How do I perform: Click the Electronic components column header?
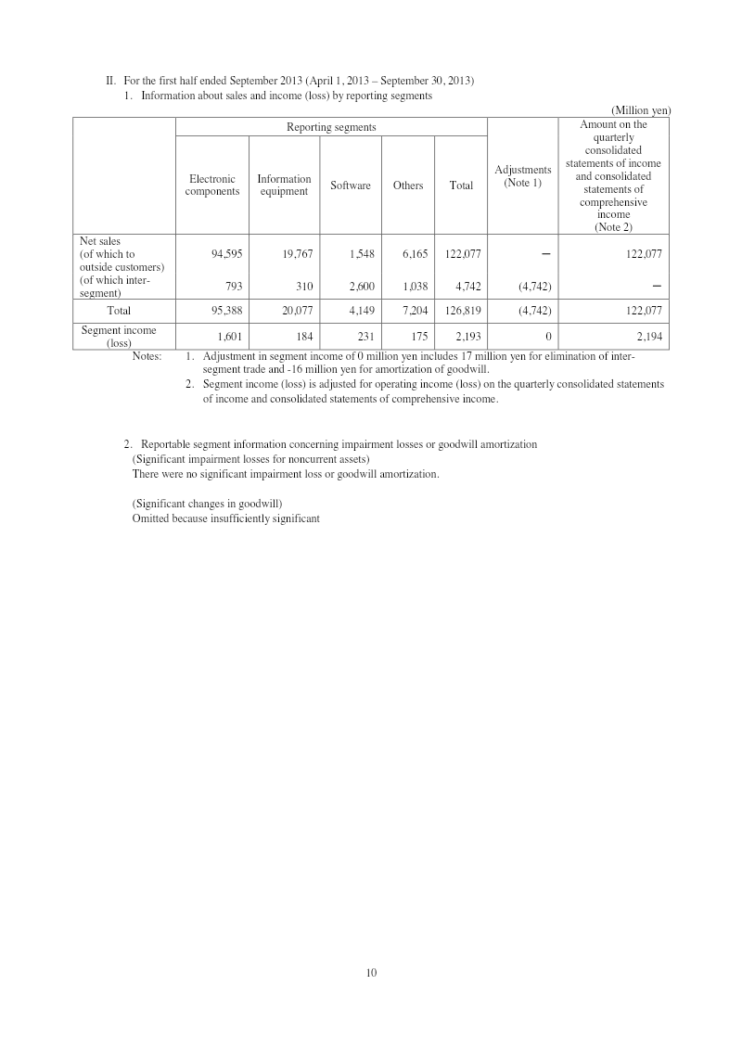[211, 185]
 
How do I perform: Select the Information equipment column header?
[284, 185]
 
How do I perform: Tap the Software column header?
[351, 185]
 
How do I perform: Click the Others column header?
[408, 185]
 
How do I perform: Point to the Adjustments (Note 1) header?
[523, 176]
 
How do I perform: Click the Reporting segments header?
[331, 127]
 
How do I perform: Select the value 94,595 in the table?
[227, 253]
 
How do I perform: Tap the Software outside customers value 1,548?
[360, 253]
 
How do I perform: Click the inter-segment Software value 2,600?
[360, 287]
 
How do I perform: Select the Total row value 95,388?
[227, 311]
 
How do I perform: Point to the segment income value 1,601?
[228, 337]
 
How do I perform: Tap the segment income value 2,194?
[649, 337]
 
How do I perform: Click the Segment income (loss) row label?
[119, 336]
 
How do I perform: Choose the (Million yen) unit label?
[641, 110]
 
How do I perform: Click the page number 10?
[371, 972]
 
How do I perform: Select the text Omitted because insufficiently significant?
[225, 518]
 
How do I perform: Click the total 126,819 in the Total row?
[461, 311]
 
